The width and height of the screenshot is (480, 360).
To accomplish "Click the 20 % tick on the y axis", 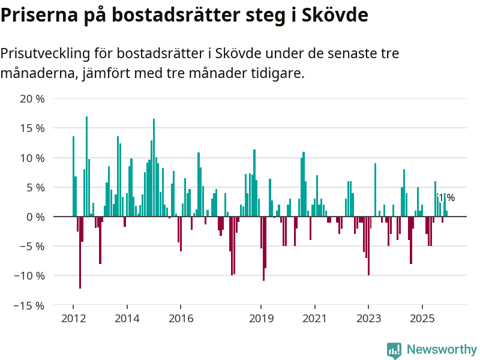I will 32,98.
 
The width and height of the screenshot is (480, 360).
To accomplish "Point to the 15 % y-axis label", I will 32,128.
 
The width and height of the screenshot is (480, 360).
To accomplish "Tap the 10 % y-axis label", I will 32,158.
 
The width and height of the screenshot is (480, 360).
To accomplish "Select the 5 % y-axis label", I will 35,187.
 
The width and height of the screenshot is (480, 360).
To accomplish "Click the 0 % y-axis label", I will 35,217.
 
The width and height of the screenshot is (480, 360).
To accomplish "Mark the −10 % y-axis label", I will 29,276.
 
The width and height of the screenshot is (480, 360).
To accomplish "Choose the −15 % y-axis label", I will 29,305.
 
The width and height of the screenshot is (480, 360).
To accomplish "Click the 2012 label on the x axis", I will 73,318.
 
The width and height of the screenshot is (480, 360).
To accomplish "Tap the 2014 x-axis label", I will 127,318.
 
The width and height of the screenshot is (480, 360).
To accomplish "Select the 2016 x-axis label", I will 180,318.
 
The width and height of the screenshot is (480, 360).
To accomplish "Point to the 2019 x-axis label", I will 261,318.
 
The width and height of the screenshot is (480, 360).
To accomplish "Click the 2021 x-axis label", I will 314,318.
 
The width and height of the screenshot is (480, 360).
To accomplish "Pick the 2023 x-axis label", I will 368,318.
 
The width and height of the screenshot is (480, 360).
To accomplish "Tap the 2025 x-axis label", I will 422,318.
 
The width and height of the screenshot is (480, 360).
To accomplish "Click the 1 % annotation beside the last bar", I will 447,197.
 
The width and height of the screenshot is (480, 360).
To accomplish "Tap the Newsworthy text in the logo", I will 442,349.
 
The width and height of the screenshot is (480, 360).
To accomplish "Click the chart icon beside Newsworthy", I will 394,350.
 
